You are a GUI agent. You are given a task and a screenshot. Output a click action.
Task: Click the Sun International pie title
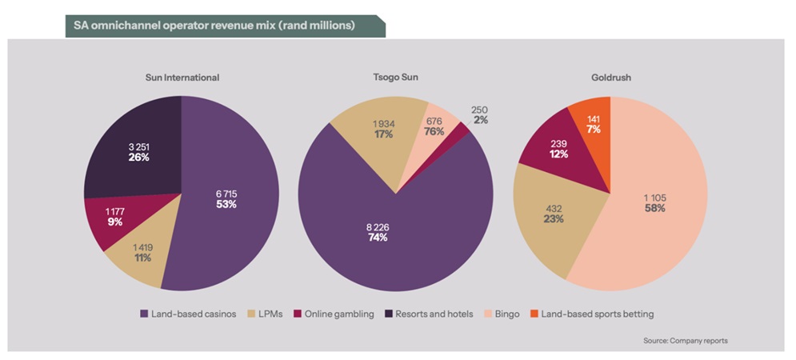(181, 78)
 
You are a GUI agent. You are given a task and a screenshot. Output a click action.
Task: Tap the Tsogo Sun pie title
(396, 78)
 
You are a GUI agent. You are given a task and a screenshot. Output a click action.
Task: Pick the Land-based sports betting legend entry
(595, 314)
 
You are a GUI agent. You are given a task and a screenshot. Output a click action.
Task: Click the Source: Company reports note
(685, 341)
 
